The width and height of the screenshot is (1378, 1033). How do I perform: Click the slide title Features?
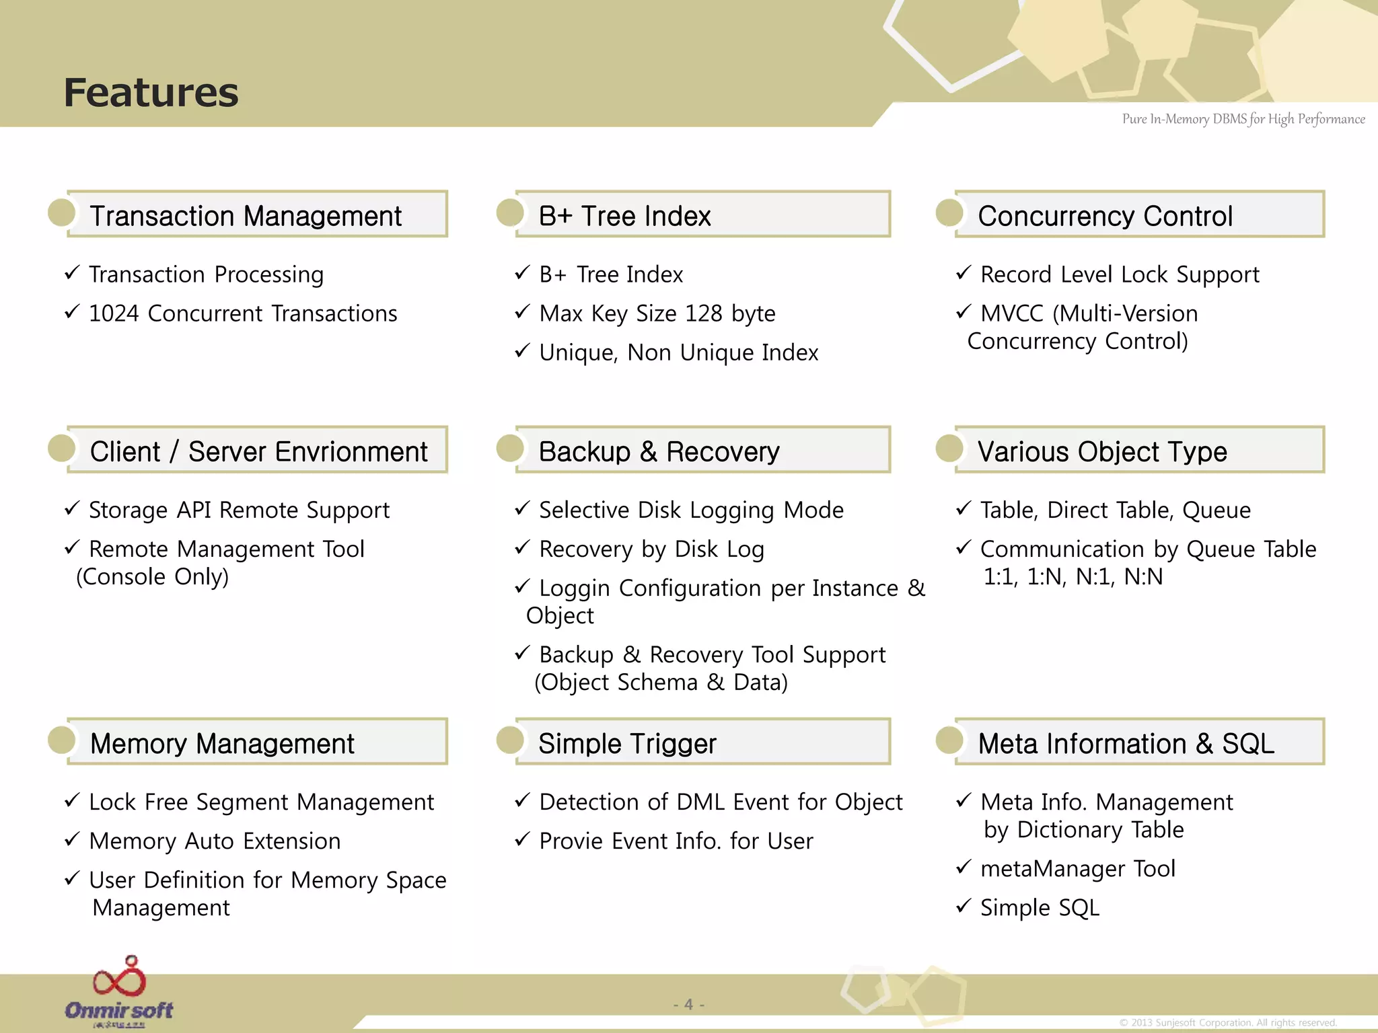pyautogui.click(x=151, y=92)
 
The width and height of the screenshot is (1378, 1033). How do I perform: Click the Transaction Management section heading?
pyautogui.click(x=246, y=216)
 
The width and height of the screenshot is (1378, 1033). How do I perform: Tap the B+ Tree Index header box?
pyautogui.click(x=702, y=215)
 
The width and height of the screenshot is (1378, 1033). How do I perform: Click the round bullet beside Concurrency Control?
pyautogui.click(x=949, y=213)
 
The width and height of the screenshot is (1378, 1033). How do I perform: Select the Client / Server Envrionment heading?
pyautogui.click(x=258, y=451)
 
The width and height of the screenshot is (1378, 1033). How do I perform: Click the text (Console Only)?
pyautogui.click(x=153, y=577)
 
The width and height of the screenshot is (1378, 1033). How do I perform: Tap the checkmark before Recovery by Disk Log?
pyautogui.click(x=522, y=547)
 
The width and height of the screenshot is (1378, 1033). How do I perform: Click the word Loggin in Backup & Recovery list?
pyautogui.click(x=574, y=588)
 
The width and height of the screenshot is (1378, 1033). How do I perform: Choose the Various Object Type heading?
pyautogui.click(x=1101, y=451)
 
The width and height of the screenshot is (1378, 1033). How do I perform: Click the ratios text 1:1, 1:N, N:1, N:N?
pyautogui.click(x=1073, y=577)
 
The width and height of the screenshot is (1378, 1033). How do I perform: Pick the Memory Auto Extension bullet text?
pyautogui.click(x=215, y=841)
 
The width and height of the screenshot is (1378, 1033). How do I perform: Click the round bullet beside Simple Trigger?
pyautogui.click(x=510, y=740)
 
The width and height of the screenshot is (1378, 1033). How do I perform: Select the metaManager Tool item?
pyautogui.click(x=1077, y=869)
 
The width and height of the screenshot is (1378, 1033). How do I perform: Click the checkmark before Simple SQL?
pyautogui.click(x=963, y=906)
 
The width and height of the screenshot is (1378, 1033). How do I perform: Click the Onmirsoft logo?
pyautogui.click(x=119, y=992)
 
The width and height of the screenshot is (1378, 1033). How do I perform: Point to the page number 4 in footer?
pyautogui.click(x=688, y=1004)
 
